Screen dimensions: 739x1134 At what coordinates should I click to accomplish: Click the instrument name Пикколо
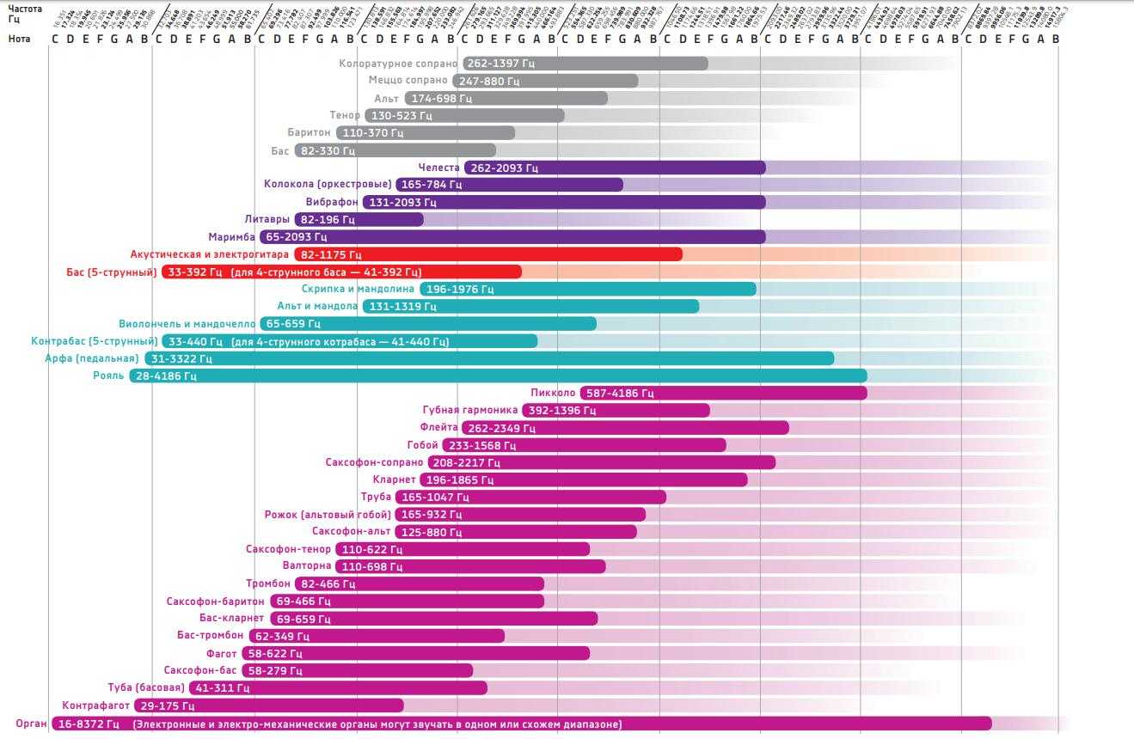click(x=553, y=393)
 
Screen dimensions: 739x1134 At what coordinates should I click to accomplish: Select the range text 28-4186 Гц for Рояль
click(x=167, y=376)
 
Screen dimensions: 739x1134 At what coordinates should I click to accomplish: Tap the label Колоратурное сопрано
click(x=399, y=64)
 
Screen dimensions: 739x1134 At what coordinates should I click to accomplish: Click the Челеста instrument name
click(x=438, y=168)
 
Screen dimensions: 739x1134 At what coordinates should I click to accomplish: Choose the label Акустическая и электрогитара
click(x=209, y=254)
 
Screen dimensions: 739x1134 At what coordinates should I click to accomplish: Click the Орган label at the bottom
click(x=31, y=724)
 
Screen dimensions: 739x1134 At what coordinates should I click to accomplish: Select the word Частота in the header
click(x=25, y=9)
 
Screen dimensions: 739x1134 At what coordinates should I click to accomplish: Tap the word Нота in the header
click(x=20, y=39)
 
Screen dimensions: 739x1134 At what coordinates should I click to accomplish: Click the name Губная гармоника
click(x=470, y=410)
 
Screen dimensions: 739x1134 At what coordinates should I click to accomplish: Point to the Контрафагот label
click(x=96, y=705)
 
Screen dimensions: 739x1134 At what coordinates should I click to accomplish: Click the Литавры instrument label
click(x=267, y=219)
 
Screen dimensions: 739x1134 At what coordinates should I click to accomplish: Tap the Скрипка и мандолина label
click(x=358, y=289)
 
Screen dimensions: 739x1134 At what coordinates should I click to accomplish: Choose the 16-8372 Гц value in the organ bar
click(x=88, y=724)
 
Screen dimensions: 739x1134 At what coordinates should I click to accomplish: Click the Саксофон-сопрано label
click(x=374, y=462)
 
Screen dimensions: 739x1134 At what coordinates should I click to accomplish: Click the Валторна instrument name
click(x=306, y=565)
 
